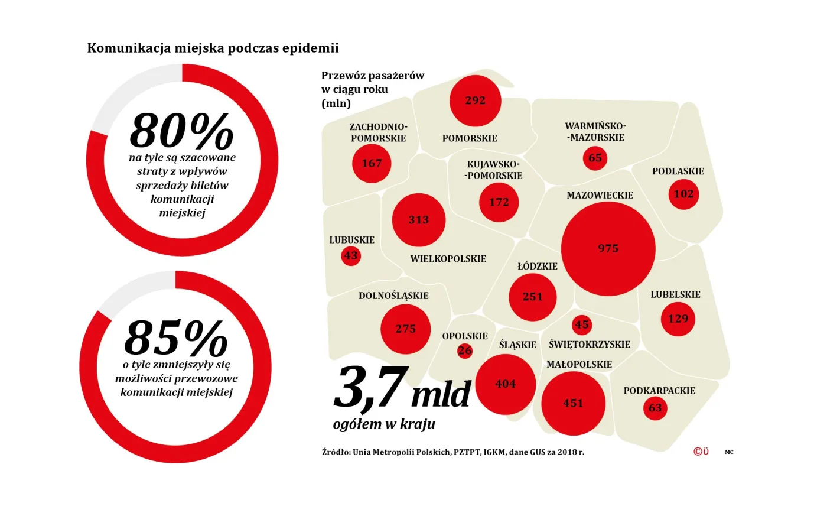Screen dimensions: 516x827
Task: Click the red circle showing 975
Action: pyautogui.click(x=608, y=248)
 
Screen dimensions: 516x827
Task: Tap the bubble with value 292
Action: pyautogui.click(x=475, y=100)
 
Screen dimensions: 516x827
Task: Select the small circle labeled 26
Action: pyautogui.click(x=465, y=351)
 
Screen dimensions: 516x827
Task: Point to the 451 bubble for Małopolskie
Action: pyautogui.click(x=573, y=403)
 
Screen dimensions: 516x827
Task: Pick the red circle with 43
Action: pyautogui.click(x=351, y=255)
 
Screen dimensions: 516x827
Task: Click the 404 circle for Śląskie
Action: pyautogui.click(x=505, y=384)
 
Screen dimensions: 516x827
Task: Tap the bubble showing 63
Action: pyautogui.click(x=655, y=408)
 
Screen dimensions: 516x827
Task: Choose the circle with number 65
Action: pyautogui.click(x=595, y=158)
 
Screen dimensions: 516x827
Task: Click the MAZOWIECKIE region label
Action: pyautogui.click(x=600, y=195)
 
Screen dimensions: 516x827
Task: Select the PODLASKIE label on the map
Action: pyautogui.click(x=678, y=171)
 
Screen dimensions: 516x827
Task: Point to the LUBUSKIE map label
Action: pyautogui.click(x=351, y=240)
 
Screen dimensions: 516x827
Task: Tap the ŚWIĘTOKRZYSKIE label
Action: pyautogui.click(x=589, y=344)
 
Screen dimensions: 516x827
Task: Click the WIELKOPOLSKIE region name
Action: pyautogui.click(x=448, y=259)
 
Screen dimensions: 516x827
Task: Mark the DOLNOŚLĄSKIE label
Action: pyautogui.click(x=393, y=296)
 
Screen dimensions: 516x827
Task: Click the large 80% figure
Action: pyautogui.click(x=181, y=131)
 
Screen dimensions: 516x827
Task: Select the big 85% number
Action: pyautogui.click(x=175, y=338)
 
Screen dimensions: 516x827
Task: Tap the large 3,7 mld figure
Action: pyautogui.click(x=402, y=390)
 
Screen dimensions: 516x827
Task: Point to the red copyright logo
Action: pyautogui.click(x=701, y=452)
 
